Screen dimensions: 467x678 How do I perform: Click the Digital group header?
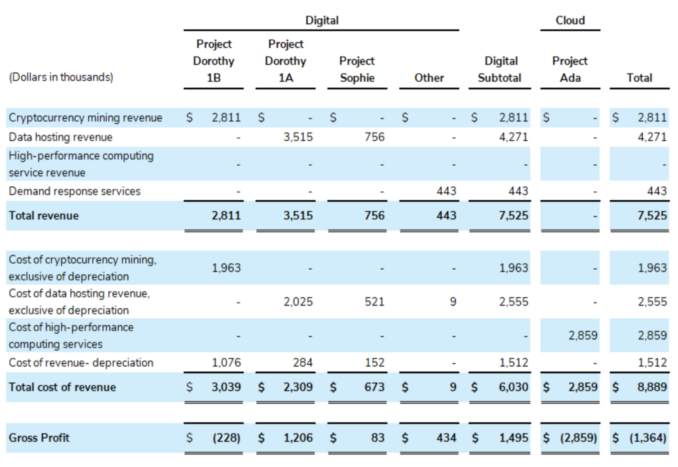[322, 21]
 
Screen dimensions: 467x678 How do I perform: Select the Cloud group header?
[570, 21]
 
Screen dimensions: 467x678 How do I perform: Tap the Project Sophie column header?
[357, 69]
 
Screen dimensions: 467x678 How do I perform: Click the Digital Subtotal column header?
[500, 69]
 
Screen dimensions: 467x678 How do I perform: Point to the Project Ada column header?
[570, 69]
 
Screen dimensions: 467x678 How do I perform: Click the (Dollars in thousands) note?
[61, 77]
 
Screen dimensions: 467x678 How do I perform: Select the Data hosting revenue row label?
[61, 137]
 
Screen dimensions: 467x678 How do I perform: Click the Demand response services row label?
[75, 191]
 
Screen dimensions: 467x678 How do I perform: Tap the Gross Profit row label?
[39, 438]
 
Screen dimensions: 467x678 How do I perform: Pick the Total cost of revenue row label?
[62, 387]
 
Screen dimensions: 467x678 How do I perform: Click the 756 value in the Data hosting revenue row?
[374, 137]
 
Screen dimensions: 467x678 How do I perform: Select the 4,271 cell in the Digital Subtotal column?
[513, 137]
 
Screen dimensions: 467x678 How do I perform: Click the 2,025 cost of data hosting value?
[298, 302]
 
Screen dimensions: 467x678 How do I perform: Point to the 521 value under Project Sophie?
[374, 302]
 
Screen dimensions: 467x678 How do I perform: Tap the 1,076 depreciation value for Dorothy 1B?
[226, 363]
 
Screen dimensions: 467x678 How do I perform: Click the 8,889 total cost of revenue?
[652, 387]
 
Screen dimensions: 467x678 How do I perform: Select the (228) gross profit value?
[226, 438]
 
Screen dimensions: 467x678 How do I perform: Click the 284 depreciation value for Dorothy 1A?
[303, 363]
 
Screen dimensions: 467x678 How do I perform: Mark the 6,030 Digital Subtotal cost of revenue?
[513, 387]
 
